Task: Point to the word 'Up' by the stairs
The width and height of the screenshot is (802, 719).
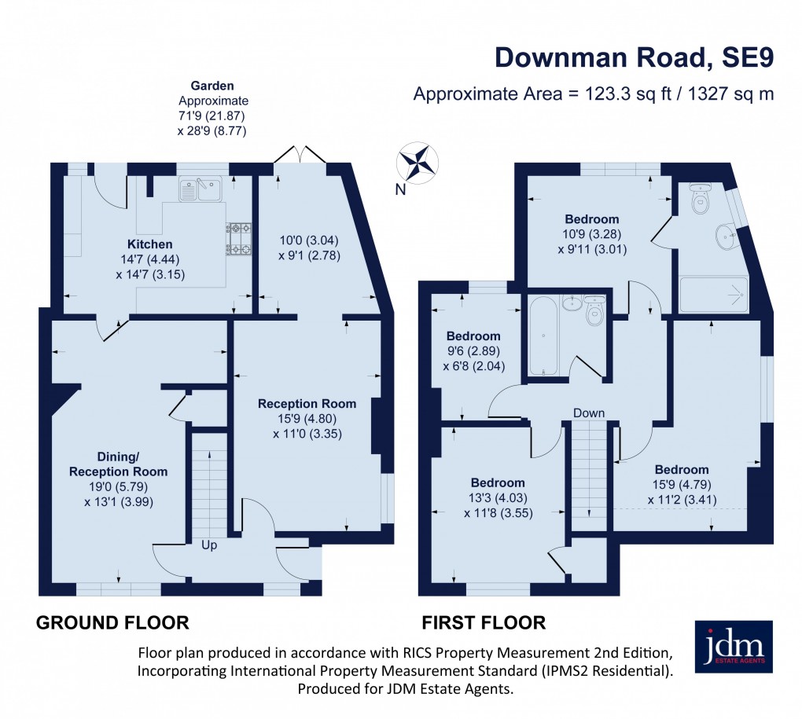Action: click(208, 545)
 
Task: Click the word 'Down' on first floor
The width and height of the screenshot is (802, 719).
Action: click(589, 413)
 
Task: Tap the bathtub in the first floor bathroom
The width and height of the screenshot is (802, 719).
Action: click(543, 336)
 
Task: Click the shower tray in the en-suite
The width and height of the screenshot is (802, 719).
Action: click(715, 295)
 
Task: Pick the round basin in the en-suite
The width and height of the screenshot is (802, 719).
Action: click(727, 234)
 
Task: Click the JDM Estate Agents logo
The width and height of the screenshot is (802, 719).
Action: click(734, 647)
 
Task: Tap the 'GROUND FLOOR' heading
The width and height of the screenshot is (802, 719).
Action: click(112, 623)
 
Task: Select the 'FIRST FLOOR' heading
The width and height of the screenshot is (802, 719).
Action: click(484, 623)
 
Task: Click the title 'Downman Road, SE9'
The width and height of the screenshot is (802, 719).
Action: click(634, 58)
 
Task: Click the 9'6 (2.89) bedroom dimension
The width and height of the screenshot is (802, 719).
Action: click(474, 351)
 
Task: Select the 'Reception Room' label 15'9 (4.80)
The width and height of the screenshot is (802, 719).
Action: click(307, 403)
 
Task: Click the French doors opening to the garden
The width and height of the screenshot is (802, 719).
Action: click(300, 154)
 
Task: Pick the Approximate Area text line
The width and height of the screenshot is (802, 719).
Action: click(594, 94)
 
